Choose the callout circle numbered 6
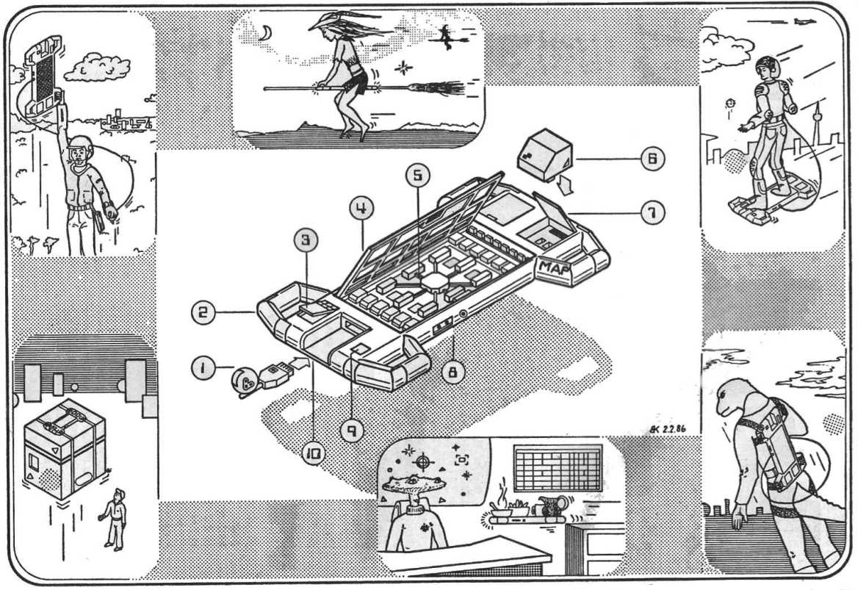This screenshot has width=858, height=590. click(652, 159)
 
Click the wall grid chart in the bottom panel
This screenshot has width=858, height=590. click(558, 467)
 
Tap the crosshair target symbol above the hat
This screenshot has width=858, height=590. click(422, 461)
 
